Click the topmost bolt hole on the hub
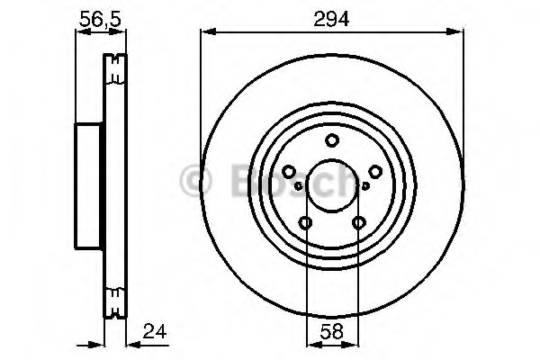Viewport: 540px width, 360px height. [x=332, y=140]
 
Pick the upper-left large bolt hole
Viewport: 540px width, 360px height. [x=289, y=172]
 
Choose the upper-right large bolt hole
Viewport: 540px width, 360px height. [x=375, y=172]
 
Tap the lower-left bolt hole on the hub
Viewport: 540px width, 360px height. [x=306, y=223]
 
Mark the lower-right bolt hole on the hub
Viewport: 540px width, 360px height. [x=359, y=223]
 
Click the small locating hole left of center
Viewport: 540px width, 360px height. [x=297, y=185]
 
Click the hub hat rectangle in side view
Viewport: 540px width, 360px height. [x=86, y=185]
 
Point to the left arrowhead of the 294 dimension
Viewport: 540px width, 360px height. [x=205, y=32]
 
